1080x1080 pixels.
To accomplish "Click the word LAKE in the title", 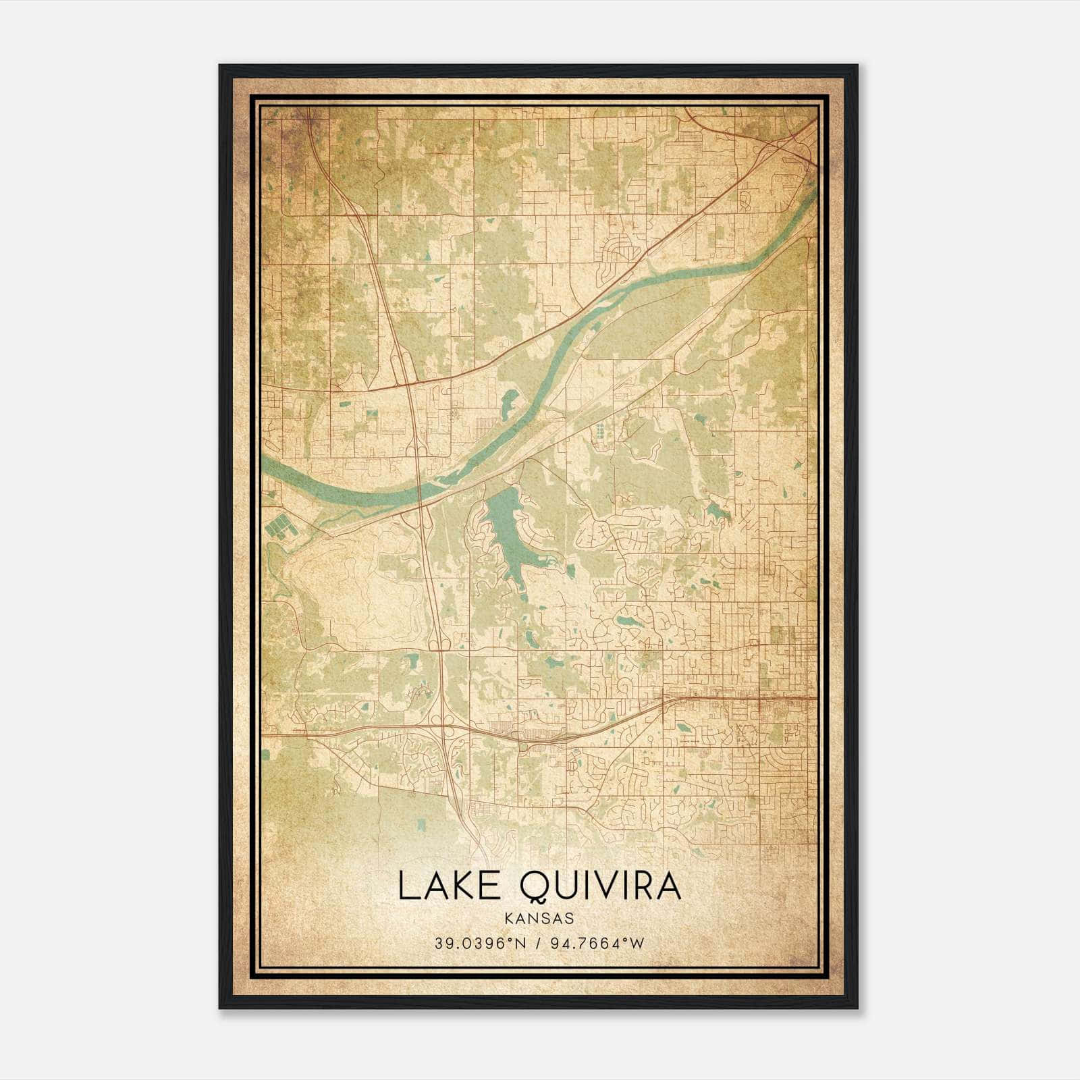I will [448, 886].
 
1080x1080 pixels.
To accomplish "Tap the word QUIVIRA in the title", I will [600, 886].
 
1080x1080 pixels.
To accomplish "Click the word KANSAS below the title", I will [539, 919].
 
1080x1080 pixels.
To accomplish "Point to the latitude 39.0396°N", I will [480, 943].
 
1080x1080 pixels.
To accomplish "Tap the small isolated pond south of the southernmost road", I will [421, 825].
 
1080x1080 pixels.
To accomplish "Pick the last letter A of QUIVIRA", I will [668, 886].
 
